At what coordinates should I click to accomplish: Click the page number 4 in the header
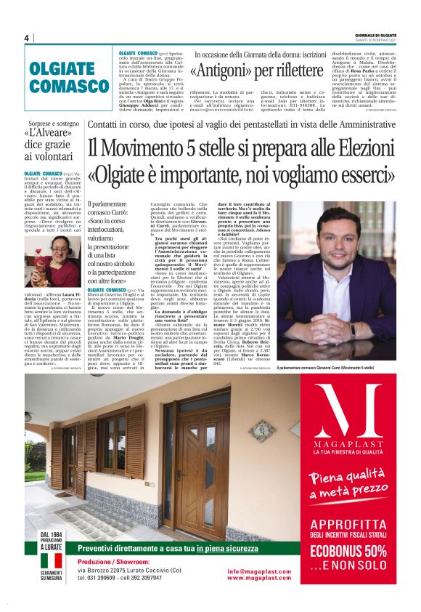[26, 38]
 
